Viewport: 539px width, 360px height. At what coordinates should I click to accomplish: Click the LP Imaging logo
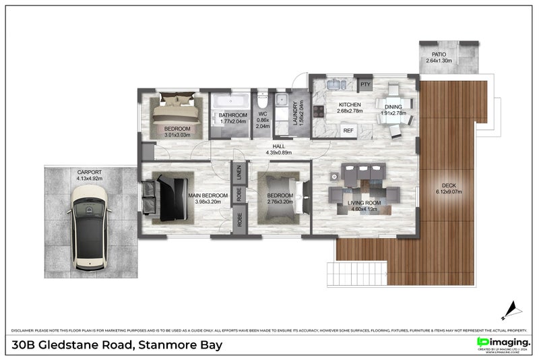(503, 343)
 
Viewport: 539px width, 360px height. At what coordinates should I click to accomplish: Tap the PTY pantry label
(365, 84)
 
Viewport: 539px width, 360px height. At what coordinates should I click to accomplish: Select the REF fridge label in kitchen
(348, 130)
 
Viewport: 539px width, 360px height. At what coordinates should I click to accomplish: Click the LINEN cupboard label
(239, 174)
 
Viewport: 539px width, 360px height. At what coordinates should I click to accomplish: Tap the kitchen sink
(335, 85)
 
